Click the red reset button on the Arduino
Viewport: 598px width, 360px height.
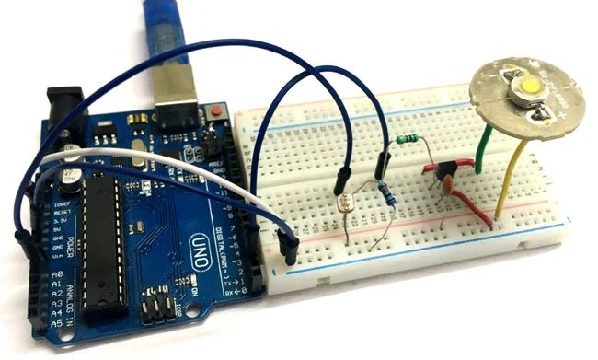pyautogui.click(x=218, y=112)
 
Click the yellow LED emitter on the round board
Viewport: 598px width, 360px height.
pyautogui.click(x=531, y=87)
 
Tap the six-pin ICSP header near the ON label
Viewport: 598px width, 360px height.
pyautogui.click(x=156, y=304)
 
